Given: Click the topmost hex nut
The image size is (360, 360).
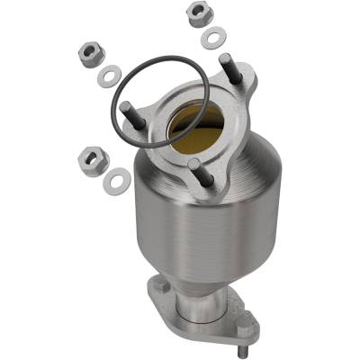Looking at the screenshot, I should point(197,13).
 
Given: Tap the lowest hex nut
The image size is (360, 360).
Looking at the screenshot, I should point(93,160).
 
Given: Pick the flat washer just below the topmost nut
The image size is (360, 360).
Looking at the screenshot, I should point(213,37).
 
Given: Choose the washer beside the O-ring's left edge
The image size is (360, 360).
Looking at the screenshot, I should point(107,77).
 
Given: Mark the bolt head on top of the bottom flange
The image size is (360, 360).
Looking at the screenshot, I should point(161,287).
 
